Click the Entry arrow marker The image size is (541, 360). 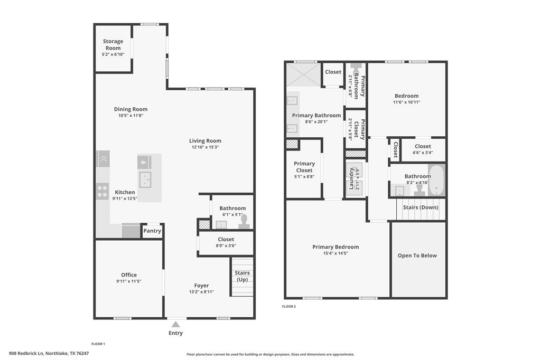(175, 324)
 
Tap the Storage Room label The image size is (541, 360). (113, 44)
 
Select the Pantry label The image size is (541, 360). (152, 231)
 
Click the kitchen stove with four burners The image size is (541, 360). (102, 191)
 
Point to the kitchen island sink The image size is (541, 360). (145, 179)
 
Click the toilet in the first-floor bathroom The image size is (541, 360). (244, 221)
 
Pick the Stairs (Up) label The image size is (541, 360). (242, 276)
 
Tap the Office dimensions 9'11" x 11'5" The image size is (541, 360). (128, 281)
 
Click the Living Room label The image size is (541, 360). (205, 141)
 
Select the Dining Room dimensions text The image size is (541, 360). (130, 116)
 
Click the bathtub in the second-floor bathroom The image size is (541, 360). (436, 181)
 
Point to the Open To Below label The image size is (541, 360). (417, 255)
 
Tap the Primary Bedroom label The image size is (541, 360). (335, 247)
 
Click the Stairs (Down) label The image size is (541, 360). (421, 207)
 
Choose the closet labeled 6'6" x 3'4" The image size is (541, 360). (423, 149)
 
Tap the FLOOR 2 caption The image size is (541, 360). (289, 306)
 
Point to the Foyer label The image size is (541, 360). (201, 286)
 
